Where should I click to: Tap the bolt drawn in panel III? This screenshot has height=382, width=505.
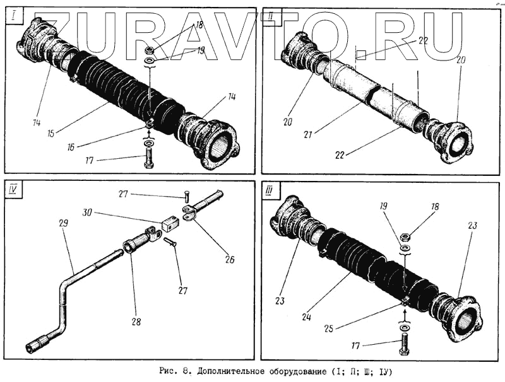click(405, 345)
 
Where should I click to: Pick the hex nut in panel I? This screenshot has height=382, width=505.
click(150, 50)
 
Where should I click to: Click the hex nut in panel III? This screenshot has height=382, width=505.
click(405, 236)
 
